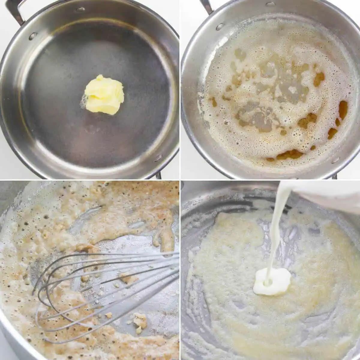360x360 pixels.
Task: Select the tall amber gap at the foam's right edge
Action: [343, 109]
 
